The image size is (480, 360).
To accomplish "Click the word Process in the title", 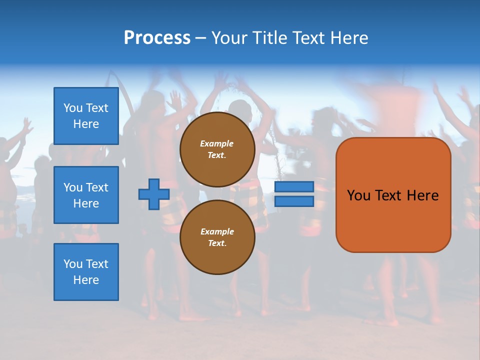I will [157, 37].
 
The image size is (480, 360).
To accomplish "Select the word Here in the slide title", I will [349, 37].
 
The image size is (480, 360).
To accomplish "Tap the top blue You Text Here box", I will [86, 116].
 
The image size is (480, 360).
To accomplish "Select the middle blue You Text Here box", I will [86, 195].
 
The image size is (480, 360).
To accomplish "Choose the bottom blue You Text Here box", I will [86, 272].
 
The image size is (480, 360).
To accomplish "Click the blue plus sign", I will [154, 194].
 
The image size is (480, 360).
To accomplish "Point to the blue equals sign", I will [294, 194].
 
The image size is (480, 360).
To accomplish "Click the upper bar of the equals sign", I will [294, 187].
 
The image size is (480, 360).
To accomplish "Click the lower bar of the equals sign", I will [294, 201].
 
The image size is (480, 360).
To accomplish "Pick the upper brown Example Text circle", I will [217, 149].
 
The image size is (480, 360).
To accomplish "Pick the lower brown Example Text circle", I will [217, 237].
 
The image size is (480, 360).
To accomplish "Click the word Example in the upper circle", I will [217, 143].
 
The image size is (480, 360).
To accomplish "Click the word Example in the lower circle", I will [217, 231].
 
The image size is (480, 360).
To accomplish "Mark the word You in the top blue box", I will [73, 108].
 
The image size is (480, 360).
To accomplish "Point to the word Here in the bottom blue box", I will [86, 280].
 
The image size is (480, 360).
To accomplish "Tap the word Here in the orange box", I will [423, 195].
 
